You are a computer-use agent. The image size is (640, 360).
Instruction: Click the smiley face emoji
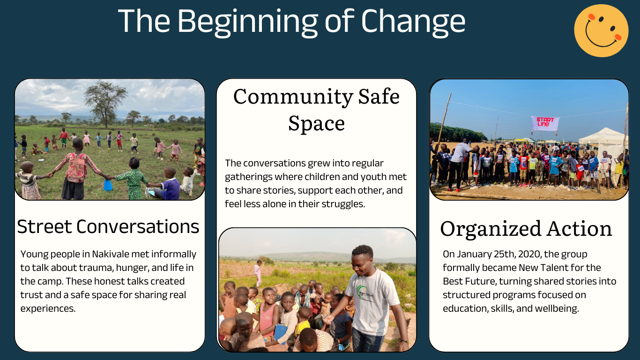pyautogui.click(x=601, y=30)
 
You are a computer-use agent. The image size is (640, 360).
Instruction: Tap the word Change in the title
pyautogui.click(x=413, y=22)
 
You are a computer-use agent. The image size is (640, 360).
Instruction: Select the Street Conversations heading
pyautogui.click(x=108, y=227)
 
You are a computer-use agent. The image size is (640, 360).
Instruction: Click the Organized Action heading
pyautogui.click(x=526, y=229)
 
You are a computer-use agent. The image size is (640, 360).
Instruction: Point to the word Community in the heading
pyautogui.click(x=293, y=97)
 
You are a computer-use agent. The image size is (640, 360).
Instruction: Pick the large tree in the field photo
pyautogui.click(x=105, y=103)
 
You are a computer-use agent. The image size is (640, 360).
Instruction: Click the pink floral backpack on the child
pyautogui.click(x=76, y=167)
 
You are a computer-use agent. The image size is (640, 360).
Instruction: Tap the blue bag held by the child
pyautogui.click(x=108, y=185)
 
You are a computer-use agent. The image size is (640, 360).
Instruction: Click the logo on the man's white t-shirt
pyautogui.click(x=364, y=292)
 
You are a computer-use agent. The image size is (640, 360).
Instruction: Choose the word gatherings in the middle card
pyautogui.click(x=248, y=177)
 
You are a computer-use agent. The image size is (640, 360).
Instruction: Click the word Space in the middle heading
pyautogui.click(x=317, y=124)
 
